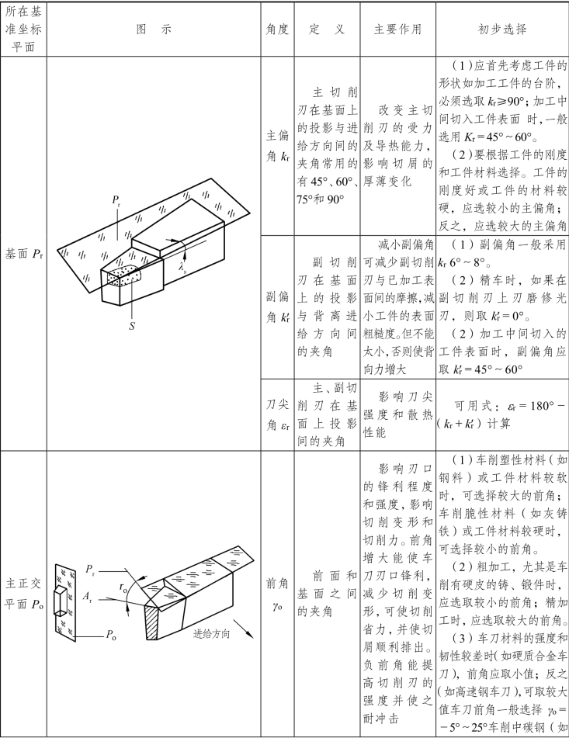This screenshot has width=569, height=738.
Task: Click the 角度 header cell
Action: (x=277, y=30)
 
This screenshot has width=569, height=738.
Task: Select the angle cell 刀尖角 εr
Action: (x=277, y=414)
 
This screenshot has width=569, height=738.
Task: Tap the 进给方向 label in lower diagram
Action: (x=211, y=633)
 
